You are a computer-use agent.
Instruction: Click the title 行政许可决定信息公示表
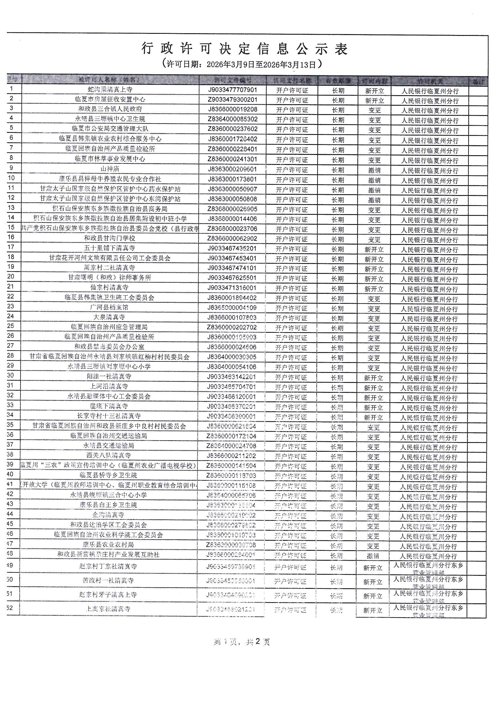point(245,49)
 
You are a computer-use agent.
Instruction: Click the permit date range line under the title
point(242,64)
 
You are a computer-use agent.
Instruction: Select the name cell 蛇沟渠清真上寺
point(110,89)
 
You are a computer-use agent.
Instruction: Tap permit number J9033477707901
point(232,90)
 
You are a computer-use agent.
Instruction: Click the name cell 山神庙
point(110,169)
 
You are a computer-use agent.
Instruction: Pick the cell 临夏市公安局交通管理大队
point(110,129)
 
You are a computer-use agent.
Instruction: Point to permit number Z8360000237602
point(232,129)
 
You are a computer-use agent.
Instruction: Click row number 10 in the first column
point(11,178)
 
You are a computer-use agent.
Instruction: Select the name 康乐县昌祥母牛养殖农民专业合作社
point(110,179)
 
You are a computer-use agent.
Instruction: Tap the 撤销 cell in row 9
point(374,170)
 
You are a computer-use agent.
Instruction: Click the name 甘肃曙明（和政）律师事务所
point(110,278)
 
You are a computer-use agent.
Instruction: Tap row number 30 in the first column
point(11,375)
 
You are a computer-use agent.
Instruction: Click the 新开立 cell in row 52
point(373,610)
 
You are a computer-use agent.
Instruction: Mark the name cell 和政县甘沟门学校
point(110,238)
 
